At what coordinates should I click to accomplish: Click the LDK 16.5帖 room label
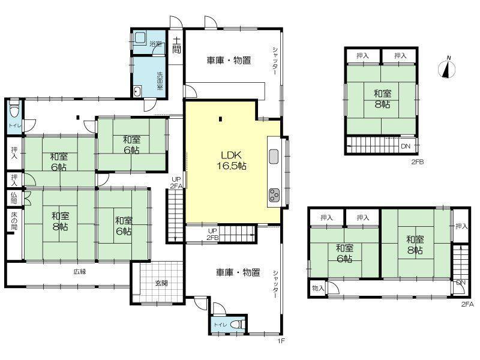click(232, 160)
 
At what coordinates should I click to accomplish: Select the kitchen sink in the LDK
click(274, 157)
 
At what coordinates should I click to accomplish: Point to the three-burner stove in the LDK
click(274, 196)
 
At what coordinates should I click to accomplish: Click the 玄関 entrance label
click(161, 283)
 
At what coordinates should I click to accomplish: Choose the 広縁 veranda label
click(80, 272)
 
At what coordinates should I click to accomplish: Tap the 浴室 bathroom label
click(155, 43)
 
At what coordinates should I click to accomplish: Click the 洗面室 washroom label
click(160, 81)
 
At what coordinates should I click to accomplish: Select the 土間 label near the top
click(176, 46)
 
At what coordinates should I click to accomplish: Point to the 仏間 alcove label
click(14, 198)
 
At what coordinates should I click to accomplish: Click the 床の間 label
click(14, 221)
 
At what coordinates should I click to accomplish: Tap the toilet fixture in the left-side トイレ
click(14, 110)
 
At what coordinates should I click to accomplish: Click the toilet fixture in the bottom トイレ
click(238, 324)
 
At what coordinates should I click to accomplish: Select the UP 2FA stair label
click(176, 182)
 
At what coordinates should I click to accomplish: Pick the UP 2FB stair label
click(212, 234)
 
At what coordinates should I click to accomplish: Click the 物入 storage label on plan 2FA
click(318, 288)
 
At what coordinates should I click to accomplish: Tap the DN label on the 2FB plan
click(406, 146)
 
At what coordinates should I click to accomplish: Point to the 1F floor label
click(281, 341)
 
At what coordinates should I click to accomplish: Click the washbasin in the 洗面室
click(137, 92)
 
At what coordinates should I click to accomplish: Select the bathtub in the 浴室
click(140, 37)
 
